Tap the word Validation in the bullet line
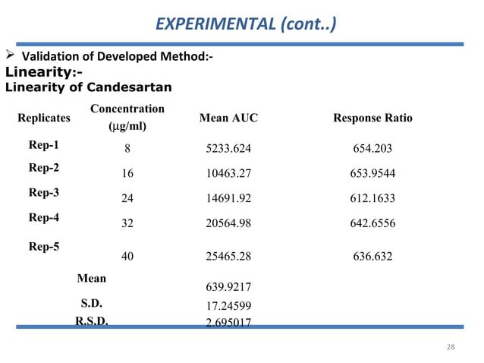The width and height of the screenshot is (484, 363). point(49,57)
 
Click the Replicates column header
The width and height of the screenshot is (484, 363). point(43,118)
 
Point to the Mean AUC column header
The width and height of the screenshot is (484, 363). point(228,118)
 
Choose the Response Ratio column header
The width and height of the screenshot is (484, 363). point(372,118)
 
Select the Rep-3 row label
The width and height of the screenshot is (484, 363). point(43,193)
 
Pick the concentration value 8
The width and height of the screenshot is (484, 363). point(127,150)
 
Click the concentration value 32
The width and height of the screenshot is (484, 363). point(127,224)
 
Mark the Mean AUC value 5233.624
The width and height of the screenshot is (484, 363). point(228,150)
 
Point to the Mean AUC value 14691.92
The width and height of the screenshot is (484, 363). point(228,199)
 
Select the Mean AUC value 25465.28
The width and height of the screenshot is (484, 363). point(228,256)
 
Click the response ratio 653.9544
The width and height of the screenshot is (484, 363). point(372,174)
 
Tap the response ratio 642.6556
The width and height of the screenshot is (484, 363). point(372,224)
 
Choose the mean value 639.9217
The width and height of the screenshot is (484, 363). point(228,287)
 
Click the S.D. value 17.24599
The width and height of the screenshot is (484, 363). point(228,306)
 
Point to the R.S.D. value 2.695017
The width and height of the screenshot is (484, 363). point(228,322)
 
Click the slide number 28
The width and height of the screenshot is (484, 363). point(451,347)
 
